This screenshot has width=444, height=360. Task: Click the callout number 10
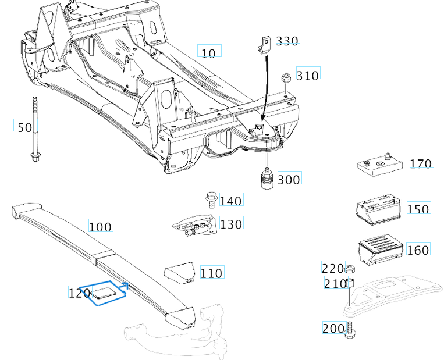pyautogui.click(x=208, y=53)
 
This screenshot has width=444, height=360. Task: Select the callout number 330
pyautogui.click(x=287, y=40)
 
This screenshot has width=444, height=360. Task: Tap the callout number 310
pyautogui.click(x=308, y=75)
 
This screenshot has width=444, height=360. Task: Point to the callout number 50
pyautogui.click(x=25, y=127)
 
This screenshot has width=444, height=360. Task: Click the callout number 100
pyautogui.click(x=100, y=226)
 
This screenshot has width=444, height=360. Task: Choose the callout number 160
pyautogui.click(x=418, y=250)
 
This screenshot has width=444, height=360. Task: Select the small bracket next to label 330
pyautogui.click(x=265, y=44)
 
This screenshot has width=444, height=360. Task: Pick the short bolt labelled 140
pyautogui.click(x=211, y=200)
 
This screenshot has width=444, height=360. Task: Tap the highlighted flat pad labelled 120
pyautogui.click(x=105, y=293)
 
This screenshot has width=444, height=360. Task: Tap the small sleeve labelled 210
pyautogui.click(x=351, y=283)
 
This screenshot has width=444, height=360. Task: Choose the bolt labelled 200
pyautogui.click(x=350, y=330)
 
